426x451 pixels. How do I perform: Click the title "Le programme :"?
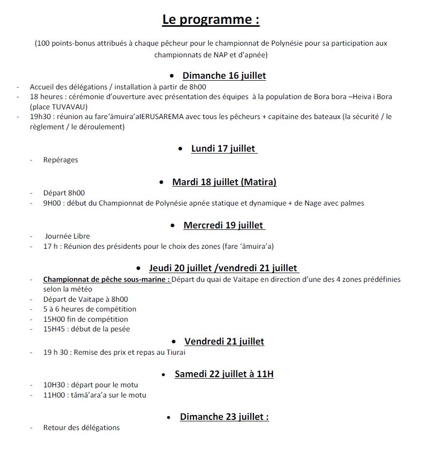(x=211, y=20)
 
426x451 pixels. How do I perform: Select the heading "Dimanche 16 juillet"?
(x=224, y=75)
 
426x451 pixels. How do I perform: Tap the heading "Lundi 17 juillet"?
(x=223, y=149)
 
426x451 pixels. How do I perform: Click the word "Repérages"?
(x=60, y=160)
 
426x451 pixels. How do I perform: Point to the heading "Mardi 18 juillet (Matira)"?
(x=224, y=182)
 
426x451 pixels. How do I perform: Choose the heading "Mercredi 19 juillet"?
(x=224, y=225)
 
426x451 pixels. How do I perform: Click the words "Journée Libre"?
(x=68, y=236)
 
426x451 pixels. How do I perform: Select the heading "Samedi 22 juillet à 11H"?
(x=224, y=374)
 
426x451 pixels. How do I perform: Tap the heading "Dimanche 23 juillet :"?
(x=224, y=417)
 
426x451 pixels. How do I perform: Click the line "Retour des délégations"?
(x=81, y=428)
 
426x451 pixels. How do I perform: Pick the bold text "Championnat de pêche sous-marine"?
(x=106, y=279)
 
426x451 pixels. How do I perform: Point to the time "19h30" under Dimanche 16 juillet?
(x=39, y=117)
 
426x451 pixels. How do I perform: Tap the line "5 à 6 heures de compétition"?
(x=89, y=309)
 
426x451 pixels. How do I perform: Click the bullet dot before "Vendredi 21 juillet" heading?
(x=174, y=342)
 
